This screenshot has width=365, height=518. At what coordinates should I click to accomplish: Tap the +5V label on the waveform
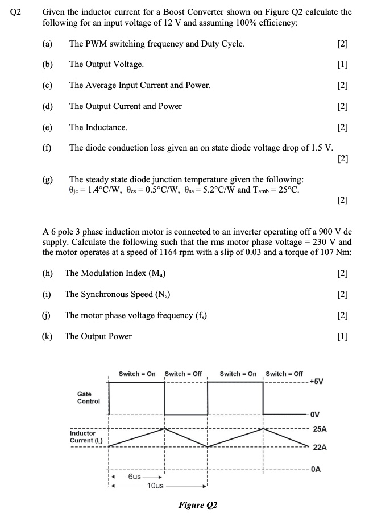tap(317, 382)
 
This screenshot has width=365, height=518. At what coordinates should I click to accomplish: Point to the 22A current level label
tap(320, 448)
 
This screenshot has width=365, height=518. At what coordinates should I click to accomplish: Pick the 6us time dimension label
tap(135, 477)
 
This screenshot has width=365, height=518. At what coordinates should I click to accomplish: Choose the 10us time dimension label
tap(155, 486)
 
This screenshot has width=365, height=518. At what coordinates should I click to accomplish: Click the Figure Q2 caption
tap(198, 505)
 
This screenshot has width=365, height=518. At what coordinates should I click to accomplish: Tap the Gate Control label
tap(88, 397)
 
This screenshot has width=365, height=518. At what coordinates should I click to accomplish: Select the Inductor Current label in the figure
tap(84, 437)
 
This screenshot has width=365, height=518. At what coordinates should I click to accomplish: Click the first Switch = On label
tap(136, 374)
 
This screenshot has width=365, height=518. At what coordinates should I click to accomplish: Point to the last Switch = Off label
tap(284, 374)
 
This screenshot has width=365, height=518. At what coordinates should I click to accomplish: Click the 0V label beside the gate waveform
tap(316, 413)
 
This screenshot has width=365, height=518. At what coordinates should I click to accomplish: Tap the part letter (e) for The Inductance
tap(48, 127)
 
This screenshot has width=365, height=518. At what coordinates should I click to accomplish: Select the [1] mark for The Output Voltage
tap(342, 64)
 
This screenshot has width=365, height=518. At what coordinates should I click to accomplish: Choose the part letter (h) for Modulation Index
tap(48, 273)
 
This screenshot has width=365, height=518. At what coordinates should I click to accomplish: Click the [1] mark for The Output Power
tap(342, 336)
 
